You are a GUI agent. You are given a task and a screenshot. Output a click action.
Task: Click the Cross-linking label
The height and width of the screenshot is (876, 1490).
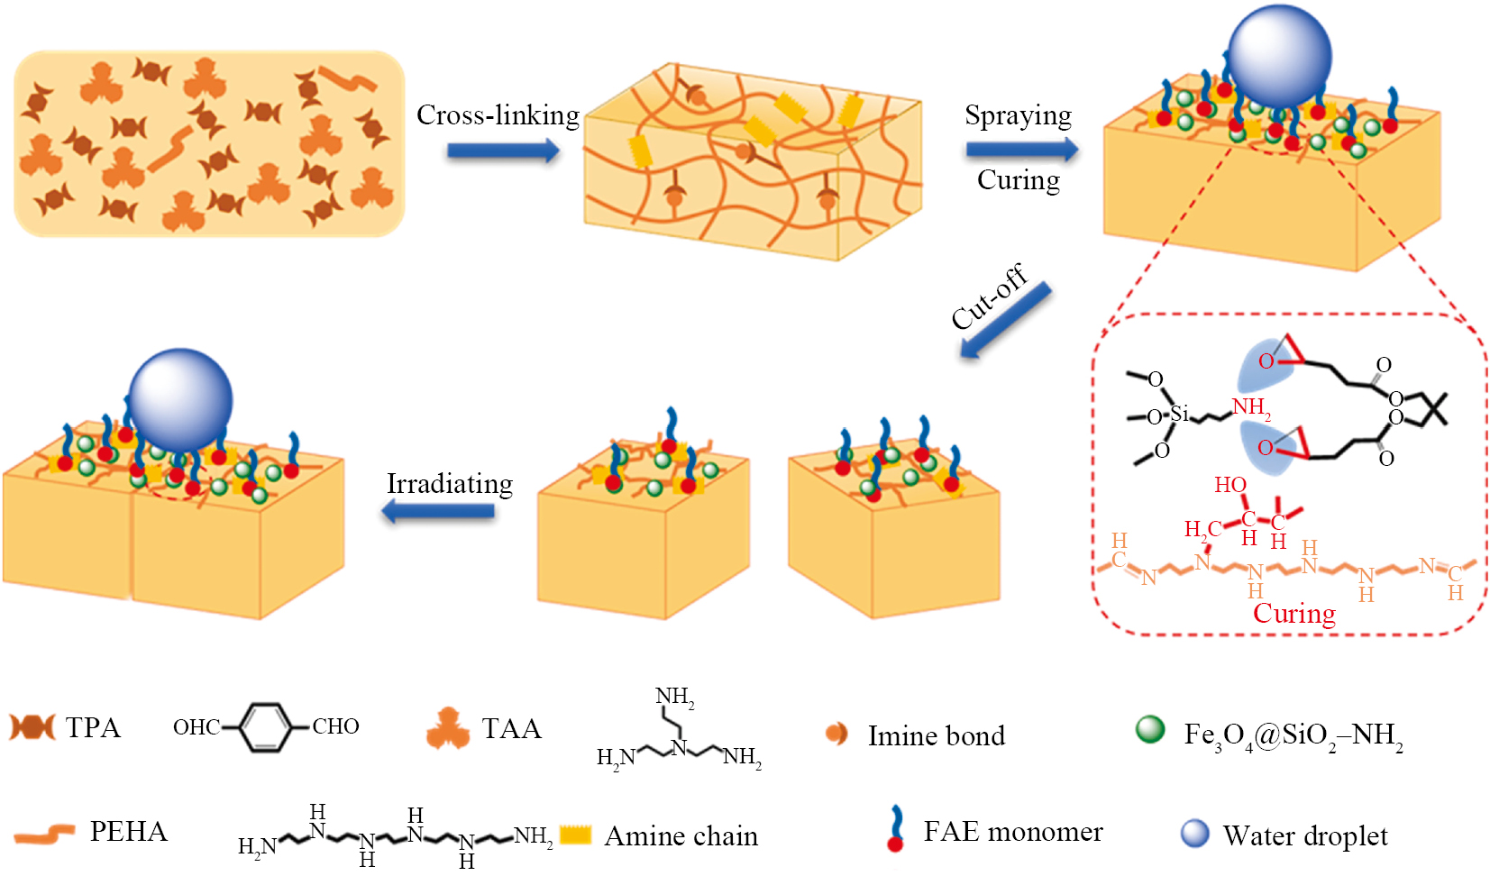point(498,115)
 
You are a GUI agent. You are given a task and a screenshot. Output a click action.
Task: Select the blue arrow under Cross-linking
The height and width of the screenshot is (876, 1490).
point(503,151)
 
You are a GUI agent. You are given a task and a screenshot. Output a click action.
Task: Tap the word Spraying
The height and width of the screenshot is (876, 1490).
point(1018,115)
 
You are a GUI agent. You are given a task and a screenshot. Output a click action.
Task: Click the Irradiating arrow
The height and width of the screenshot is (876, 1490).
point(439,512)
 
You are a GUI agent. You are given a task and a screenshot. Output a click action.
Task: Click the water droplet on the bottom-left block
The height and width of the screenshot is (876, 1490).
point(180,400)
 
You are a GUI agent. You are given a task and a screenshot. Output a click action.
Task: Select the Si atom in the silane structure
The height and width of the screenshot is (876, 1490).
point(1179,414)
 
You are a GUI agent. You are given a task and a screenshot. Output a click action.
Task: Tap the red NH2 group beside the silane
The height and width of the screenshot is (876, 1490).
point(1251,407)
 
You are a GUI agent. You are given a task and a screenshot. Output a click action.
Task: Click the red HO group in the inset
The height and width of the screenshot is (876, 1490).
point(1229,485)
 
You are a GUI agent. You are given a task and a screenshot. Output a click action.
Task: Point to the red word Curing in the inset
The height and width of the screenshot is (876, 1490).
point(1293,614)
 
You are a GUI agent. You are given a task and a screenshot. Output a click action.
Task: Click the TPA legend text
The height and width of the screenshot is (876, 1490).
point(93,727)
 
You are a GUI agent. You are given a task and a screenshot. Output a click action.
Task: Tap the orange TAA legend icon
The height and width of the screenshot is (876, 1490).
point(448,728)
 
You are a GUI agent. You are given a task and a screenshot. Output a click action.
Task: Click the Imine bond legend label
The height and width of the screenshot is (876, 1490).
point(936,736)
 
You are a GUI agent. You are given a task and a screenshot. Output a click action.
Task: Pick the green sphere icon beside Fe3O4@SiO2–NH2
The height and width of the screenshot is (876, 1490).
point(1150,729)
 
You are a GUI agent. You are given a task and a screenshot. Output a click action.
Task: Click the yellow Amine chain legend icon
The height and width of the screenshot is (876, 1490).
point(575,835)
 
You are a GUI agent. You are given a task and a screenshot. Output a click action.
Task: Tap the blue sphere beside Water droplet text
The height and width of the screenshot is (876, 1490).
point(1195,834)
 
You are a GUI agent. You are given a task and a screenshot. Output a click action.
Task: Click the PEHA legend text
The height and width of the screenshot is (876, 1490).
point(128,831)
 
